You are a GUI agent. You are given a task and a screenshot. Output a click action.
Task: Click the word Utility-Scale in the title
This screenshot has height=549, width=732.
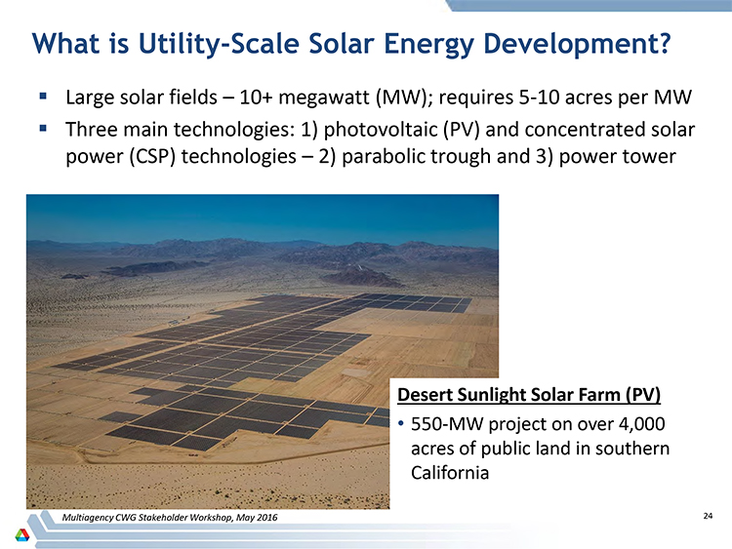pos(219,44)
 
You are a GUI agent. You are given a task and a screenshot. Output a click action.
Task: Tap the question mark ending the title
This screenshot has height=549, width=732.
pos(664,43)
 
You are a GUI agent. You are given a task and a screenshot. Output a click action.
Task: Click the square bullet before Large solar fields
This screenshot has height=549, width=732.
pos(43,97)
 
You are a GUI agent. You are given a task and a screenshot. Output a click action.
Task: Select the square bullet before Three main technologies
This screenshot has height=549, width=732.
pos(43,128)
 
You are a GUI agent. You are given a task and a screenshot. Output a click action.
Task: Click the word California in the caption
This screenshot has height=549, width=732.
pos(450,473)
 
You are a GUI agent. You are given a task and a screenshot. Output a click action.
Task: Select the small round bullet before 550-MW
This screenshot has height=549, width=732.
pos(400,424)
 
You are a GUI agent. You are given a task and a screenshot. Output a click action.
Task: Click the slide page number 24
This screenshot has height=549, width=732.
pos(708,516)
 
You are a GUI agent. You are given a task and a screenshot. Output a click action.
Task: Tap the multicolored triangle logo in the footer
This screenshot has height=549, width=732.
pos(21,534)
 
